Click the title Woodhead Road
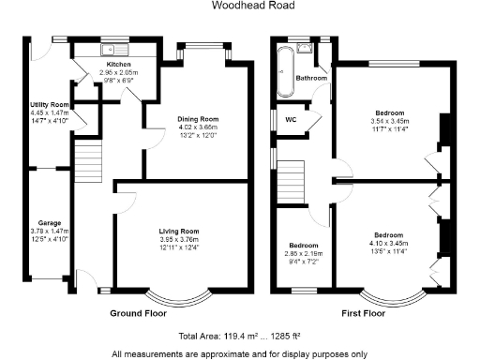[240, 6]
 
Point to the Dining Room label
[198, 119]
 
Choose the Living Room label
[177, 231]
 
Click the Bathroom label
[311, 78]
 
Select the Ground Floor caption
[138, 313]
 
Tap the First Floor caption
[364, 313]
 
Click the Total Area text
[239, 335]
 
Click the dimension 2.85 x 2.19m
[303, 253]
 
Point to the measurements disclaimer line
[239, 353]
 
